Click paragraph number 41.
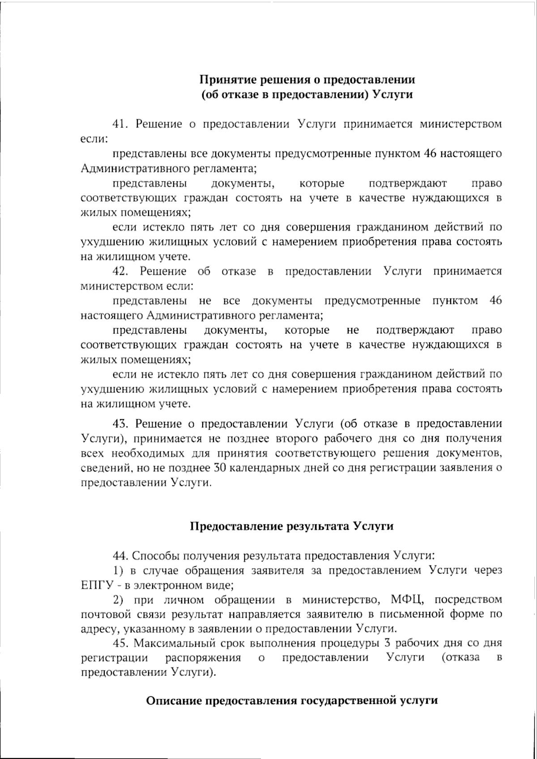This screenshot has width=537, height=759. pos(119,124)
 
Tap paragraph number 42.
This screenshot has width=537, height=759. pos(119,271)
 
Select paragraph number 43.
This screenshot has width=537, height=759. pos(119,424)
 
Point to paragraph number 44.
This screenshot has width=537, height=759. pos(119,556)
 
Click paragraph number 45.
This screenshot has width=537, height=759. pos(119,644)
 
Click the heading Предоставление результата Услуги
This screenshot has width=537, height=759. pos(292,526)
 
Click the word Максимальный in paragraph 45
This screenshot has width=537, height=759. pos(170,644)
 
